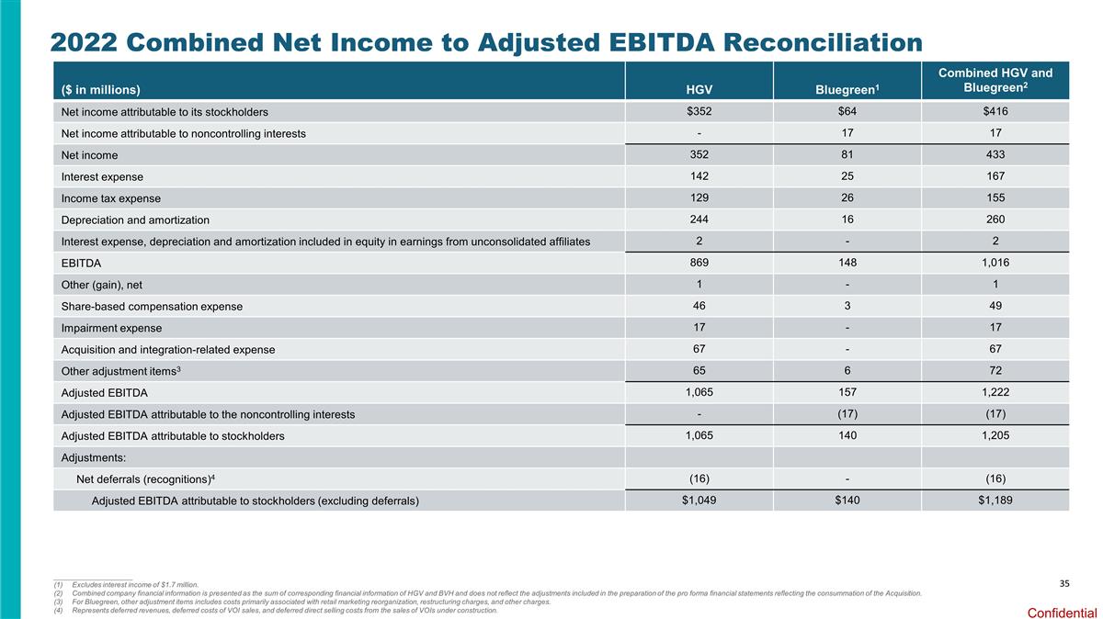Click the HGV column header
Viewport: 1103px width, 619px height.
699,89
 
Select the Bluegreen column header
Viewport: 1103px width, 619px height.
847,89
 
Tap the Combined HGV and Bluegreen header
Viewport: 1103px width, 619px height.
995,80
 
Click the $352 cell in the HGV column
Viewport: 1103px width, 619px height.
699,112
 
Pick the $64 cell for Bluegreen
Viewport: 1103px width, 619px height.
847,112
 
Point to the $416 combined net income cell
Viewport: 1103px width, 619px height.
995,112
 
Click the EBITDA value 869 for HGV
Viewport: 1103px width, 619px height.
699,263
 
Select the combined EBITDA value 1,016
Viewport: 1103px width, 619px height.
995,263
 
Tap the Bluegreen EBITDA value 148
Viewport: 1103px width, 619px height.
847,263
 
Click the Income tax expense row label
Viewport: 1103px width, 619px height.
110,198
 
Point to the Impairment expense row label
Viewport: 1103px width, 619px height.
111,328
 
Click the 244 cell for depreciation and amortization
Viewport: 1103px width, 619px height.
699,219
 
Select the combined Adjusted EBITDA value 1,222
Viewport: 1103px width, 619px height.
995,392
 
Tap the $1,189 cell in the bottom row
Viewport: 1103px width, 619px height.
995,500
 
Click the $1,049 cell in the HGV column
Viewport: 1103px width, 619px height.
699,500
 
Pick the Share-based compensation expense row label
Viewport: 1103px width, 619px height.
152,307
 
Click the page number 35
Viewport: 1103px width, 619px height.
1064,583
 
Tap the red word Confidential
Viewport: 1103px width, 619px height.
1062,613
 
